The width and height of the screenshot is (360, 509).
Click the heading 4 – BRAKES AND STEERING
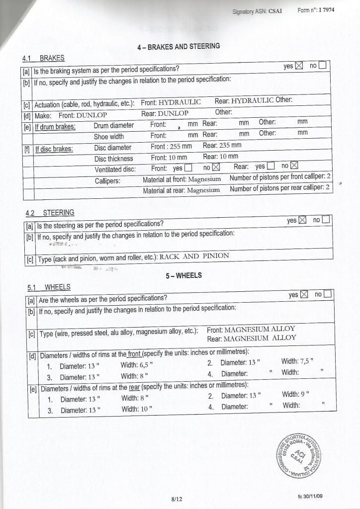[178, 46]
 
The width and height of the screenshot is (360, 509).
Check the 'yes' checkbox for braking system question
[299, 66]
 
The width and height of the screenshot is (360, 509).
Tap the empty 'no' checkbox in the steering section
[327, 220]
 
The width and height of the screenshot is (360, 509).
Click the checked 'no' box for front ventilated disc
[216, 168]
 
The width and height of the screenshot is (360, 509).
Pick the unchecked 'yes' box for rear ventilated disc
[271, 167]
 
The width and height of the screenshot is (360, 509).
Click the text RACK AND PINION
[194, 256]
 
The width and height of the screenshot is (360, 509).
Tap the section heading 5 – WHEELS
[183, 275]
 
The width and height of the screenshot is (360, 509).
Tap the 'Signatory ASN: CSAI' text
[257, 11]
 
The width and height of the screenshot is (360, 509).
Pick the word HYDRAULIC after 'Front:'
[180, 102]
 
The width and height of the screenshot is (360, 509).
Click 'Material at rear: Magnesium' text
[181, 191]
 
